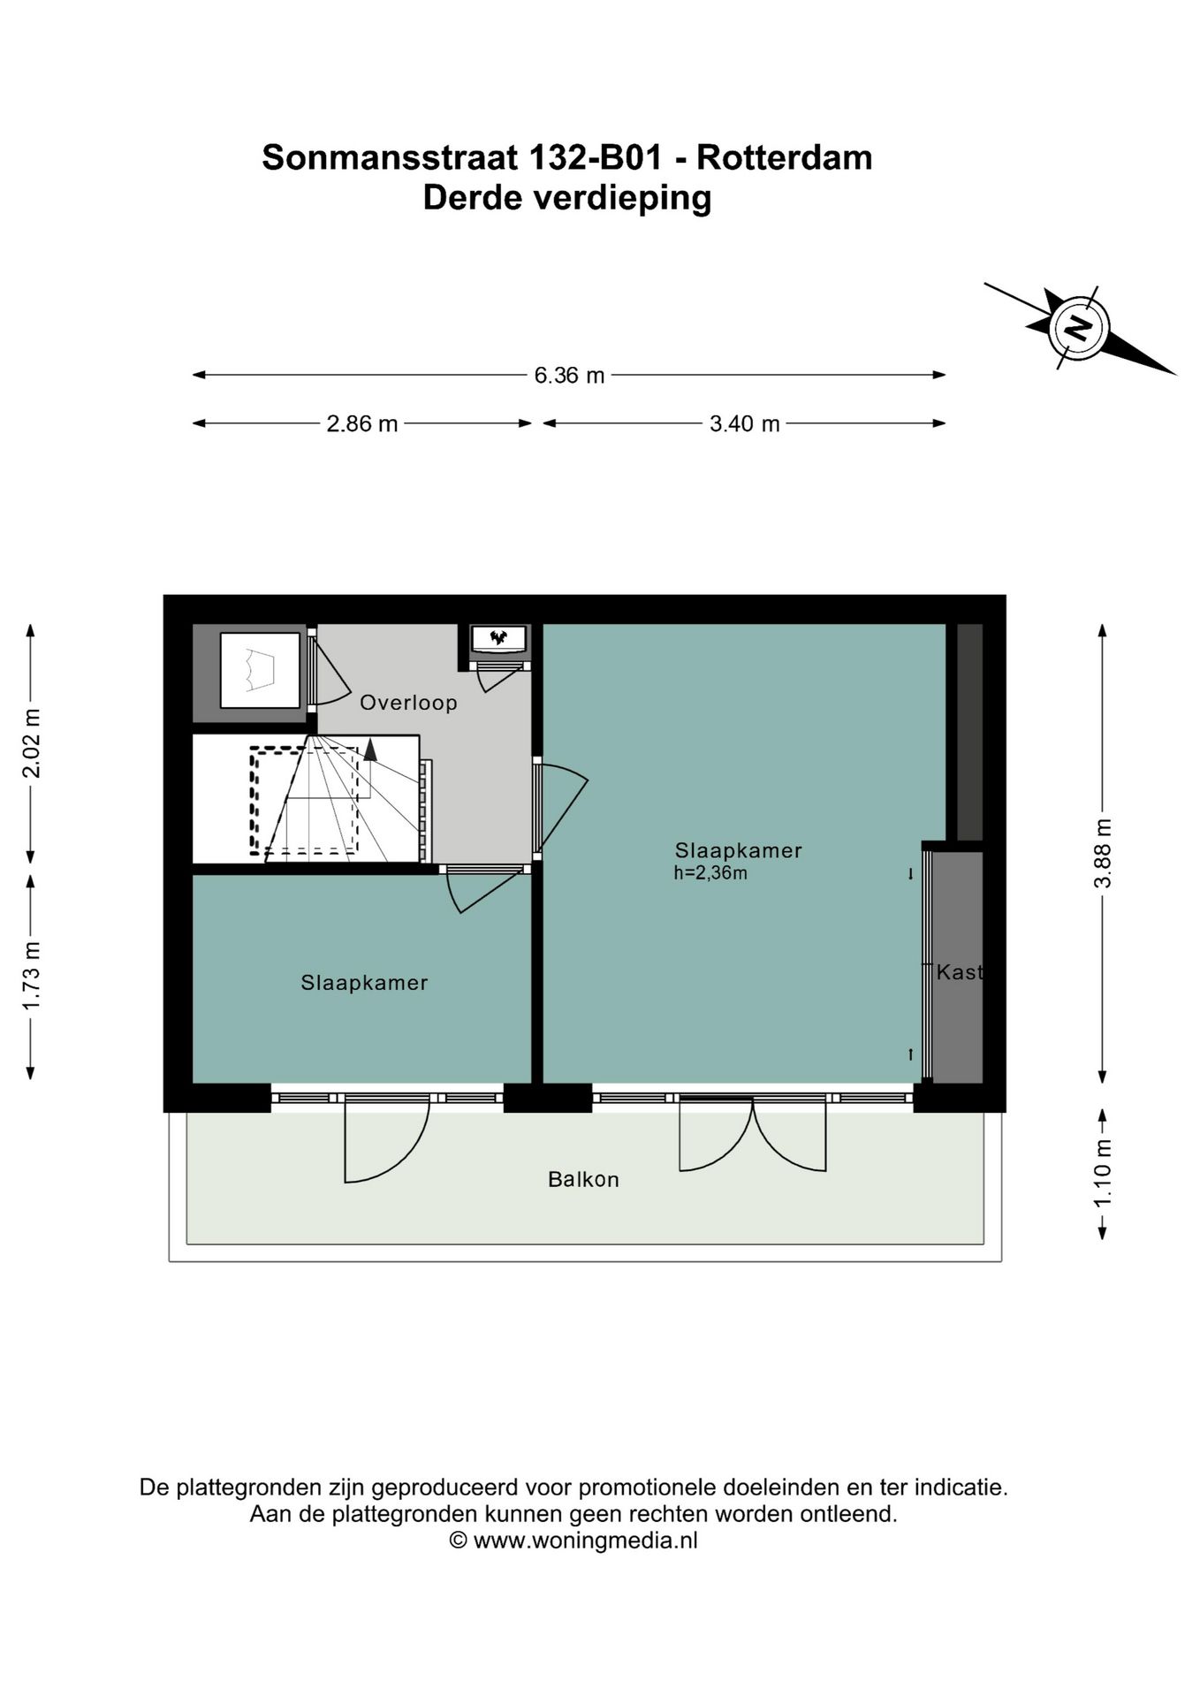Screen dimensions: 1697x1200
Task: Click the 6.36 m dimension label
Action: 568,376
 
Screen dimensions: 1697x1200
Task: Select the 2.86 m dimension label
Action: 362,424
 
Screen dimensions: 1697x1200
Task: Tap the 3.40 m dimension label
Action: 744,424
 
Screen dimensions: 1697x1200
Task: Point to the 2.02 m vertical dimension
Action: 32,742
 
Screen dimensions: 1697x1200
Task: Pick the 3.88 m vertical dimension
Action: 1102,853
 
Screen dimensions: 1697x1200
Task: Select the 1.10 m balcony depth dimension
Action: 1102,1173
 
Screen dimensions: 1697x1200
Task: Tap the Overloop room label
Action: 408,703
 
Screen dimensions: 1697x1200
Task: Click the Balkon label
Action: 583,1179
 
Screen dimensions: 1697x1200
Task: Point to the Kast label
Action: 959,972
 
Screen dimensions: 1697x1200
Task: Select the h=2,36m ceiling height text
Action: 710,873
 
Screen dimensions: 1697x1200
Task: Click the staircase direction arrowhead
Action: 370,750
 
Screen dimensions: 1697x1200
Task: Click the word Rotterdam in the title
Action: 784,157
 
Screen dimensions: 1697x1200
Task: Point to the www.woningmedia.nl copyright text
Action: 585,1541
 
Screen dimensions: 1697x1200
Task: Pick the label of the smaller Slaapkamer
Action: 364,982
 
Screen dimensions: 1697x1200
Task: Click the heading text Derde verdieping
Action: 567,197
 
